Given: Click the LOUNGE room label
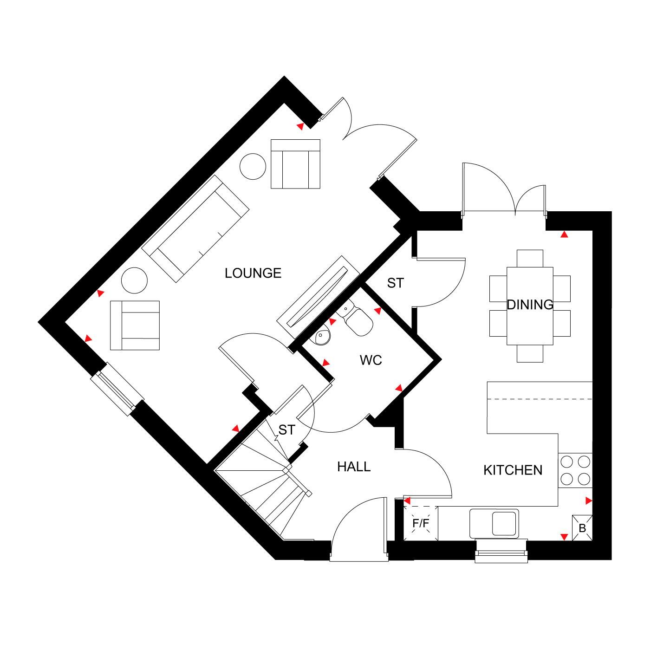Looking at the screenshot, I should (253, 273).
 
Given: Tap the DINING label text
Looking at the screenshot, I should (530, 305).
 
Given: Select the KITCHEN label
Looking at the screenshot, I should (513, 470).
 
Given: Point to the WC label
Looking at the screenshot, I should (371, 360).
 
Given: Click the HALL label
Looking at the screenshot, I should (354, 467).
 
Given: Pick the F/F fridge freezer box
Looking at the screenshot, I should (421, 524).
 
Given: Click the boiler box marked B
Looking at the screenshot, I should (582, 528).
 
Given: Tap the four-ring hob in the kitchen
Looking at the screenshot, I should (575, 470).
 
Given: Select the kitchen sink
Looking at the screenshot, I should (494, 523).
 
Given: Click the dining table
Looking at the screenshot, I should (530, 306).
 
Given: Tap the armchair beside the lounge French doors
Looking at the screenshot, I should (295, 164).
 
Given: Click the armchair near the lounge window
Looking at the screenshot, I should (135, 325).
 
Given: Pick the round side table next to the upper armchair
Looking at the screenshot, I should (253, 165).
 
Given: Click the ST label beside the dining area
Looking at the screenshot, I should (395, 283).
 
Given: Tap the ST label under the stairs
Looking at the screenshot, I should (286, 430).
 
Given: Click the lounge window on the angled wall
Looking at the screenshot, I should (117, 389).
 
